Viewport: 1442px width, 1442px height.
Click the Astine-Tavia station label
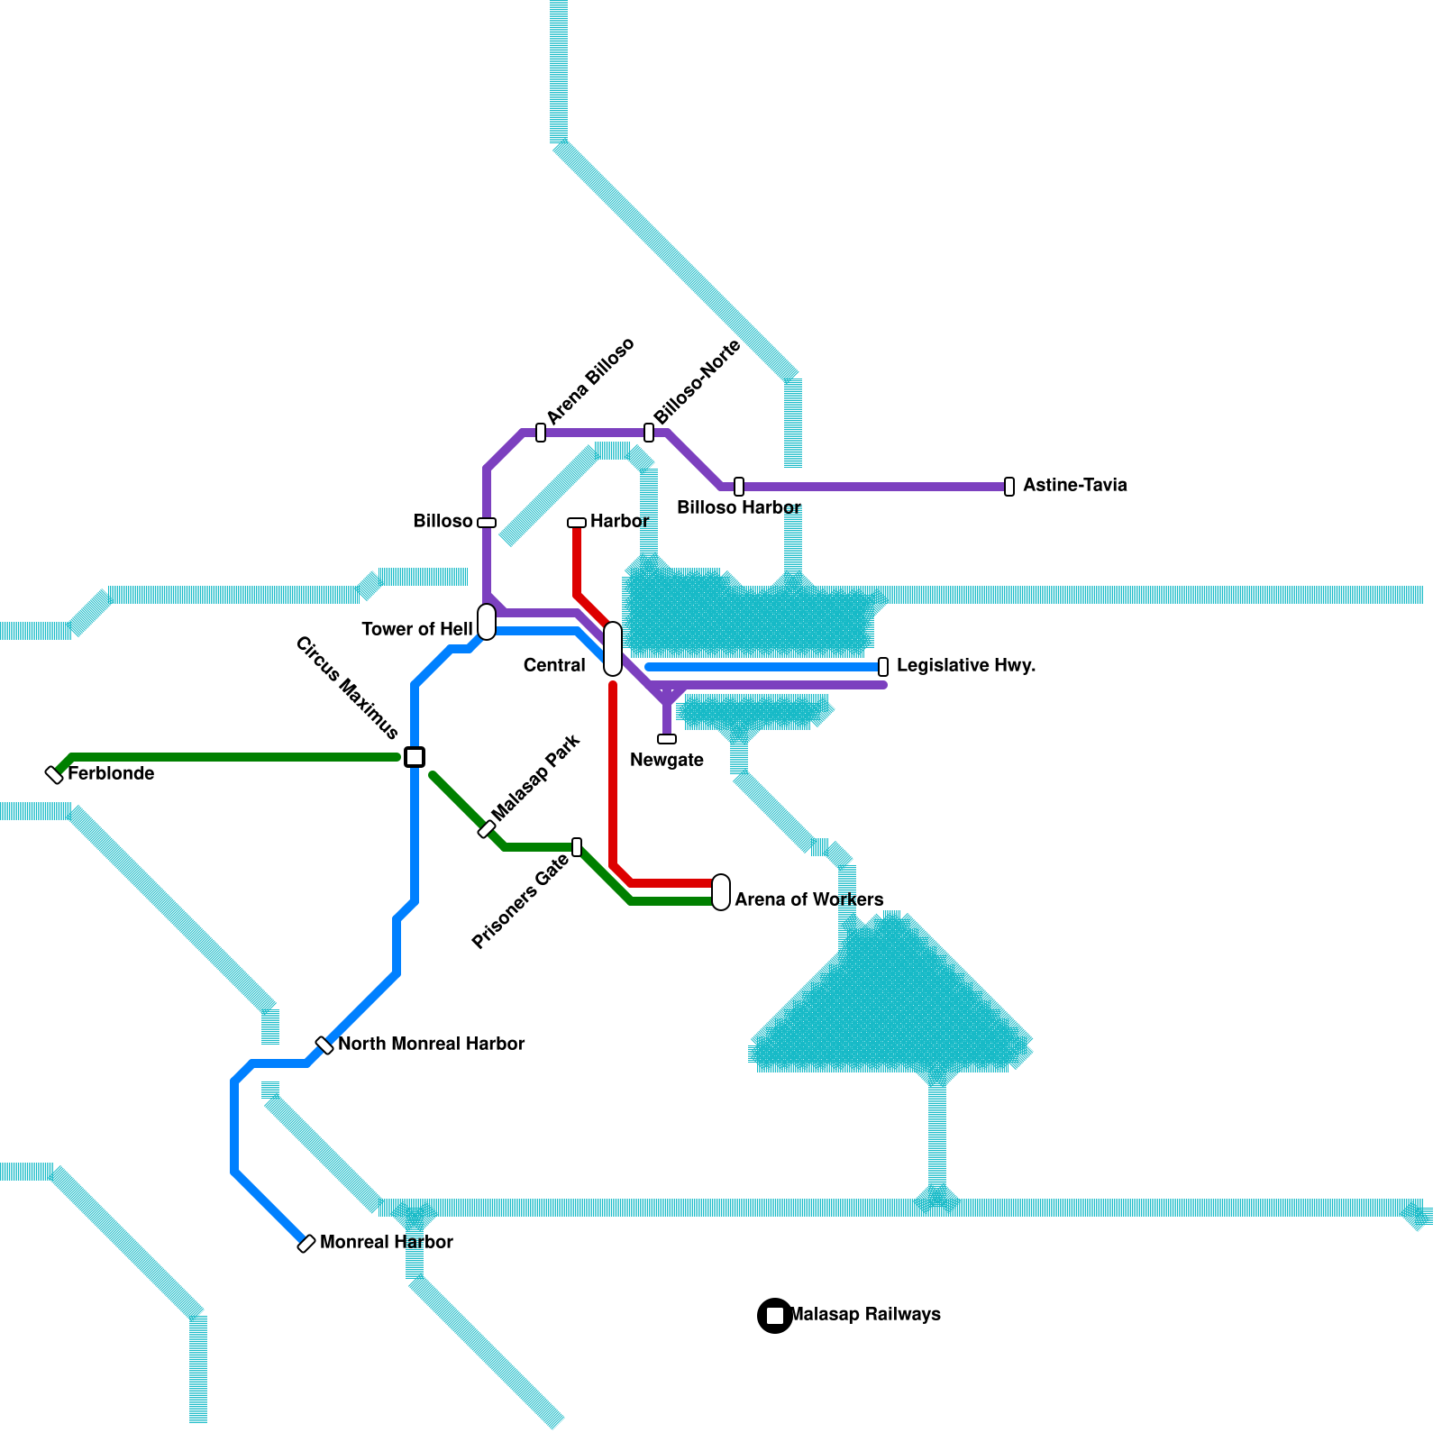(1074, 486)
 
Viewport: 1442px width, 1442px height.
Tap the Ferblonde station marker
(55, 774)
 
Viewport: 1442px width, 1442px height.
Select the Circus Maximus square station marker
(415, 757)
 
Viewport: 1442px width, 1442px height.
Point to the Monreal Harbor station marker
(306, 1244)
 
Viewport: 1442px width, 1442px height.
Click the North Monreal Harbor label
(431, 1045)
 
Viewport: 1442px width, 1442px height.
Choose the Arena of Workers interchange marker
(721, 892)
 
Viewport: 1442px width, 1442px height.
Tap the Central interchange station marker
(613, 649)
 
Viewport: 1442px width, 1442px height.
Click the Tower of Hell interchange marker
(487, 622)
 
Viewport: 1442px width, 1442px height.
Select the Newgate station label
(667, 761)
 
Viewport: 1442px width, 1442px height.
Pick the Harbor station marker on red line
(577, 523)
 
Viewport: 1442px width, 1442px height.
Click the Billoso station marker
(487, 523)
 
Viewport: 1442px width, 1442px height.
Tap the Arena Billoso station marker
(541, 433)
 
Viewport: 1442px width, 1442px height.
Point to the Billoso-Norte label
(697, 383)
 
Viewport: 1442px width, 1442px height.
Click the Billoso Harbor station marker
(739, 487)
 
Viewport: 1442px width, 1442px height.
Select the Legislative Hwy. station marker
(883, 667)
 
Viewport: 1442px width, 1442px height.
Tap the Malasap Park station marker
(487, 829)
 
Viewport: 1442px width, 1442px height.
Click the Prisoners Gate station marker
(577, 847)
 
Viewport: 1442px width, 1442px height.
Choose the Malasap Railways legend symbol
(775, 1316)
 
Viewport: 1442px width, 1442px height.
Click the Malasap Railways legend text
(865, 1315)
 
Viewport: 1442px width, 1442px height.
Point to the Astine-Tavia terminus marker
(1009, 487)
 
